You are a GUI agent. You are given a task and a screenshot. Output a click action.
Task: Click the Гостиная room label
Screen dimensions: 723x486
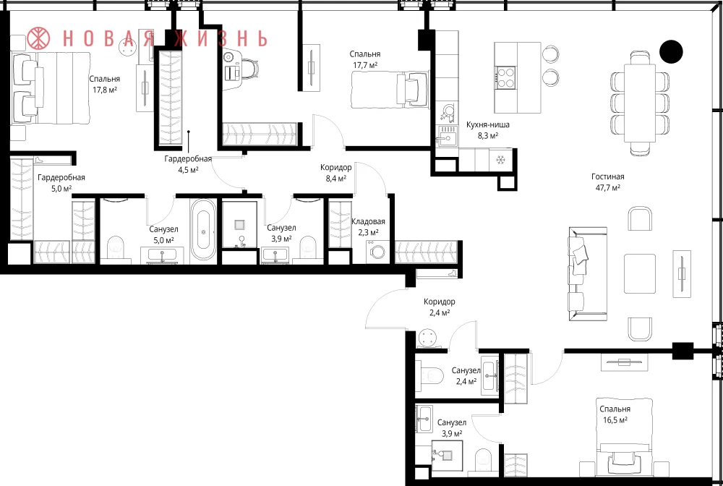click(608, 176)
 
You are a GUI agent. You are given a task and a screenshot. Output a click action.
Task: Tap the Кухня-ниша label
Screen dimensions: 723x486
click(487, 125)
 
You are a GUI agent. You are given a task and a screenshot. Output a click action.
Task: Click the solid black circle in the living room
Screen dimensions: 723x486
click(671, 51)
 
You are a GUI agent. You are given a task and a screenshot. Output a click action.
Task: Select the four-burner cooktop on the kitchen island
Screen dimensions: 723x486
click(506, 77)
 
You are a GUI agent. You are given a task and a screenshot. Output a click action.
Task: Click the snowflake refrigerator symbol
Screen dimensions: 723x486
click(500, 160)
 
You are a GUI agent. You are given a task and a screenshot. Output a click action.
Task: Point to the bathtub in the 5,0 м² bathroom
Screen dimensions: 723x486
click(203, 230)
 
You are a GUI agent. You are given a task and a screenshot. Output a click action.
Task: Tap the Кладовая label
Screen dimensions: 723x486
click(368, 222)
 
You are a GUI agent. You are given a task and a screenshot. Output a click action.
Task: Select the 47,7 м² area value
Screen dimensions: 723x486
click(608, 187)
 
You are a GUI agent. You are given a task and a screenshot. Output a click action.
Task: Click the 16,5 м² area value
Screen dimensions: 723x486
click(615, 420)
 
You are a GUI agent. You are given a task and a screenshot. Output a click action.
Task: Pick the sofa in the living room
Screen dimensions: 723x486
click(587, 273)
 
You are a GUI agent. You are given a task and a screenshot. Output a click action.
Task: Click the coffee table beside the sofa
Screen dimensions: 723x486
click(640, 274)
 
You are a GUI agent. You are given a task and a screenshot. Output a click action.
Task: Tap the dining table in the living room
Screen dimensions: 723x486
click(640, 103)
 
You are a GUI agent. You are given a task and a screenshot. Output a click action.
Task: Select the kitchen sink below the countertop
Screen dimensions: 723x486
click(446, 137)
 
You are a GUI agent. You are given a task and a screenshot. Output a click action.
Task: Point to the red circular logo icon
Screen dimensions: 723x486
click(39, 38)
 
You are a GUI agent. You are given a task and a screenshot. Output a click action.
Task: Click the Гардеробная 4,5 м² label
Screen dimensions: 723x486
click(188, 163)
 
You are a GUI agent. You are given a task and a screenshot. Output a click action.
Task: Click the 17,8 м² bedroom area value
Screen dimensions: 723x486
click(105, 90)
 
